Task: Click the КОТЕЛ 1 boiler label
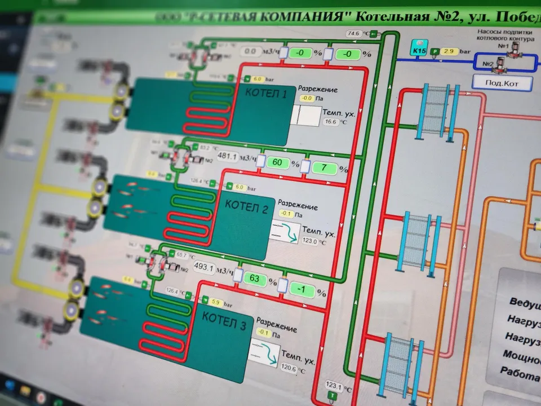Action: point(266,94)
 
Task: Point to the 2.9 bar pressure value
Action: point(449,52)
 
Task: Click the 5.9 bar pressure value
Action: point(216,302)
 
